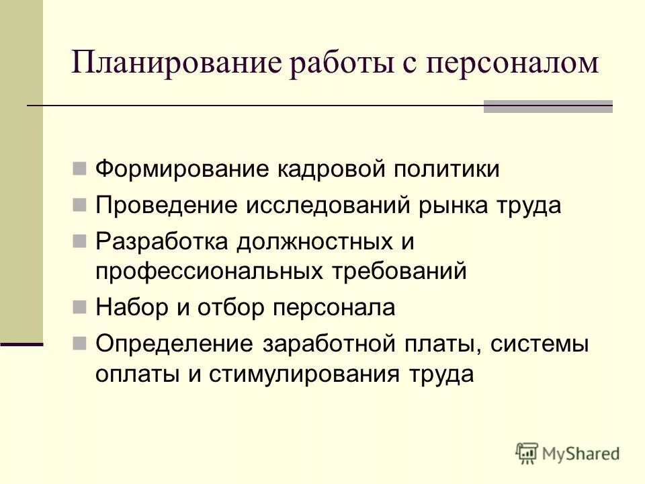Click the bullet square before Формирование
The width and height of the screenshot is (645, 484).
[x=80, y=168]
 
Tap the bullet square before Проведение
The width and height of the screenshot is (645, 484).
[x=80, y=204]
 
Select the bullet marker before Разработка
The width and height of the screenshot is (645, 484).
[x=80, y=239]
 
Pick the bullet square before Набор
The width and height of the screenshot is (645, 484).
[x=80, y=307]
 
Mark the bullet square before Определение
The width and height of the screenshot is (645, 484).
[x=80, y=343]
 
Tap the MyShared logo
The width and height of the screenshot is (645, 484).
[x=567, y=453]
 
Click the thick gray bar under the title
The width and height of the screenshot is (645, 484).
[x=548, y=106]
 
